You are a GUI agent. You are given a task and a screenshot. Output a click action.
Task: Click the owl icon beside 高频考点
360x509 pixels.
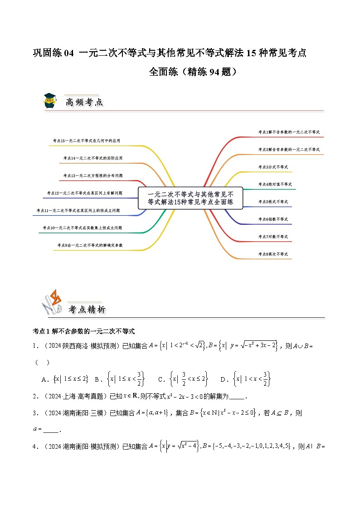click(49, 101)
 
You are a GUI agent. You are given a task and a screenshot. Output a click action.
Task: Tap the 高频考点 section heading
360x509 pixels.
click(84, 102)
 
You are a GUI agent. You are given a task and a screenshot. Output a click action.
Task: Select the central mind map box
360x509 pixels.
click(190, 198)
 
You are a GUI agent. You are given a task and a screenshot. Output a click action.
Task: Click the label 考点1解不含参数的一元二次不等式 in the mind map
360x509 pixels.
click(289, 132)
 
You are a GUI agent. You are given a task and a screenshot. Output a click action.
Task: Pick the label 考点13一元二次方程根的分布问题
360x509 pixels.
click(93, 175)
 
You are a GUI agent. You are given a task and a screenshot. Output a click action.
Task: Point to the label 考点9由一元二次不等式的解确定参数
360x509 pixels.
click(90, 245)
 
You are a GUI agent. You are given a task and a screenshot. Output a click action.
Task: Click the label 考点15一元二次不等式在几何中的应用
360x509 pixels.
click(87, 141)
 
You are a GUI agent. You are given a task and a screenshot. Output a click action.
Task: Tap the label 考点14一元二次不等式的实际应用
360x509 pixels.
click(93, 158)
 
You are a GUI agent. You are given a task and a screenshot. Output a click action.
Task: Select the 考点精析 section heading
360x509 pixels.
click(87, 310)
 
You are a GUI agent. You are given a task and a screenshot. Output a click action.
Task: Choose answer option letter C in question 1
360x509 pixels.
click(161, 379)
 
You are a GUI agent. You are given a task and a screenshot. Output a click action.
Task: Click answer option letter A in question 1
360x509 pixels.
click(44, 379)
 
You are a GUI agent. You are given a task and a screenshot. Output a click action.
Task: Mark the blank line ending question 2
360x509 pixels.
click(237, 398)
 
